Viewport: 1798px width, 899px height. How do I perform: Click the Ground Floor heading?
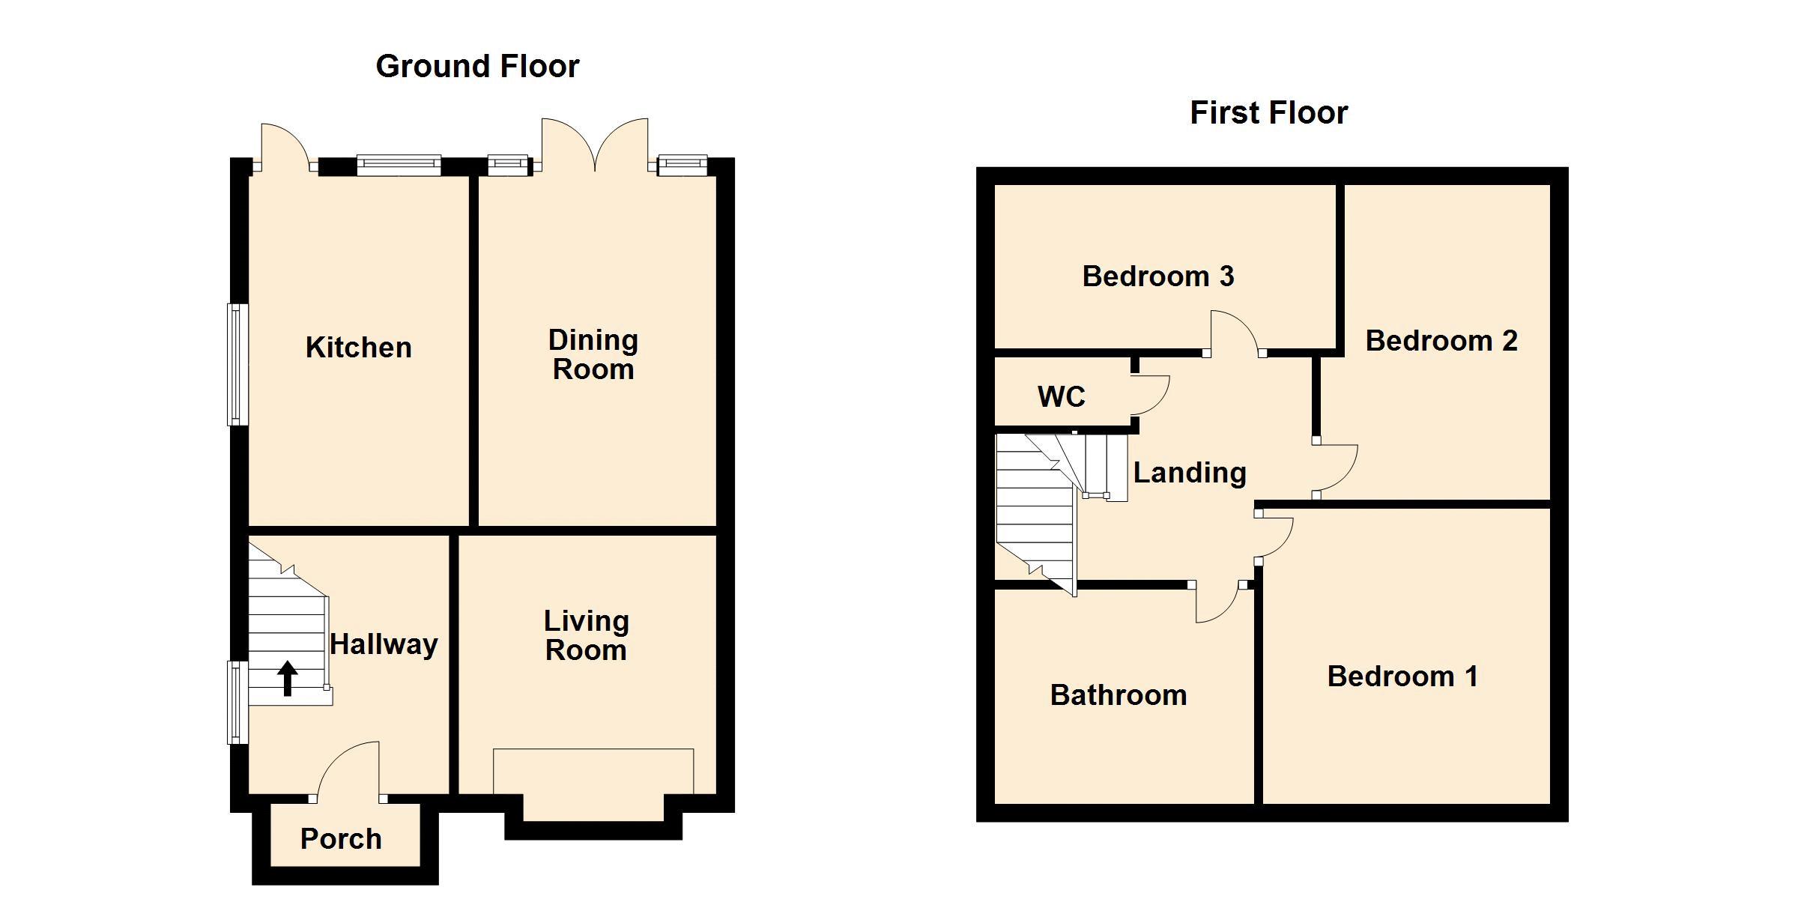[x=477, y=67]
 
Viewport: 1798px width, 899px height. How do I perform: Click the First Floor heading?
[x=1269, y=113]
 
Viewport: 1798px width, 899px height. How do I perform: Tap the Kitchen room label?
[x=359, y=348]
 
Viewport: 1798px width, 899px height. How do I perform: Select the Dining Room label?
[x=593, y=355]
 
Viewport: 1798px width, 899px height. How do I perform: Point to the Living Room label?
[x=586, y=635]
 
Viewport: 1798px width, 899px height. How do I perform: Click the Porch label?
[x=341, y=839]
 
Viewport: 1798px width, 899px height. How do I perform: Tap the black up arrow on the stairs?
[x=288, y=678]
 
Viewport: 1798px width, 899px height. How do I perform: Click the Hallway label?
[x=384, y=644]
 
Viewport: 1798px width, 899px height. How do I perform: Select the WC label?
[x=1062, y=397]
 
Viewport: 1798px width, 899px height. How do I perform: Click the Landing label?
[x=1190, y=473]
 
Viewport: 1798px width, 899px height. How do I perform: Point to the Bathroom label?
[x=1119, y=695]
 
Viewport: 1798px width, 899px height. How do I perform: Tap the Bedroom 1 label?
[x=1402, y=676]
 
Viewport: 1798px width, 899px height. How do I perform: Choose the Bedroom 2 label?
[x=1441, y=341]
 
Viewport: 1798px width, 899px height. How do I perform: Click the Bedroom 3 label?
[x=1158, y=276]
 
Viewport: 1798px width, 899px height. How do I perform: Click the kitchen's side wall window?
[x=237, y=364]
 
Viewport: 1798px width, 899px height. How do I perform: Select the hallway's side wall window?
[x=237, y=702]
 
